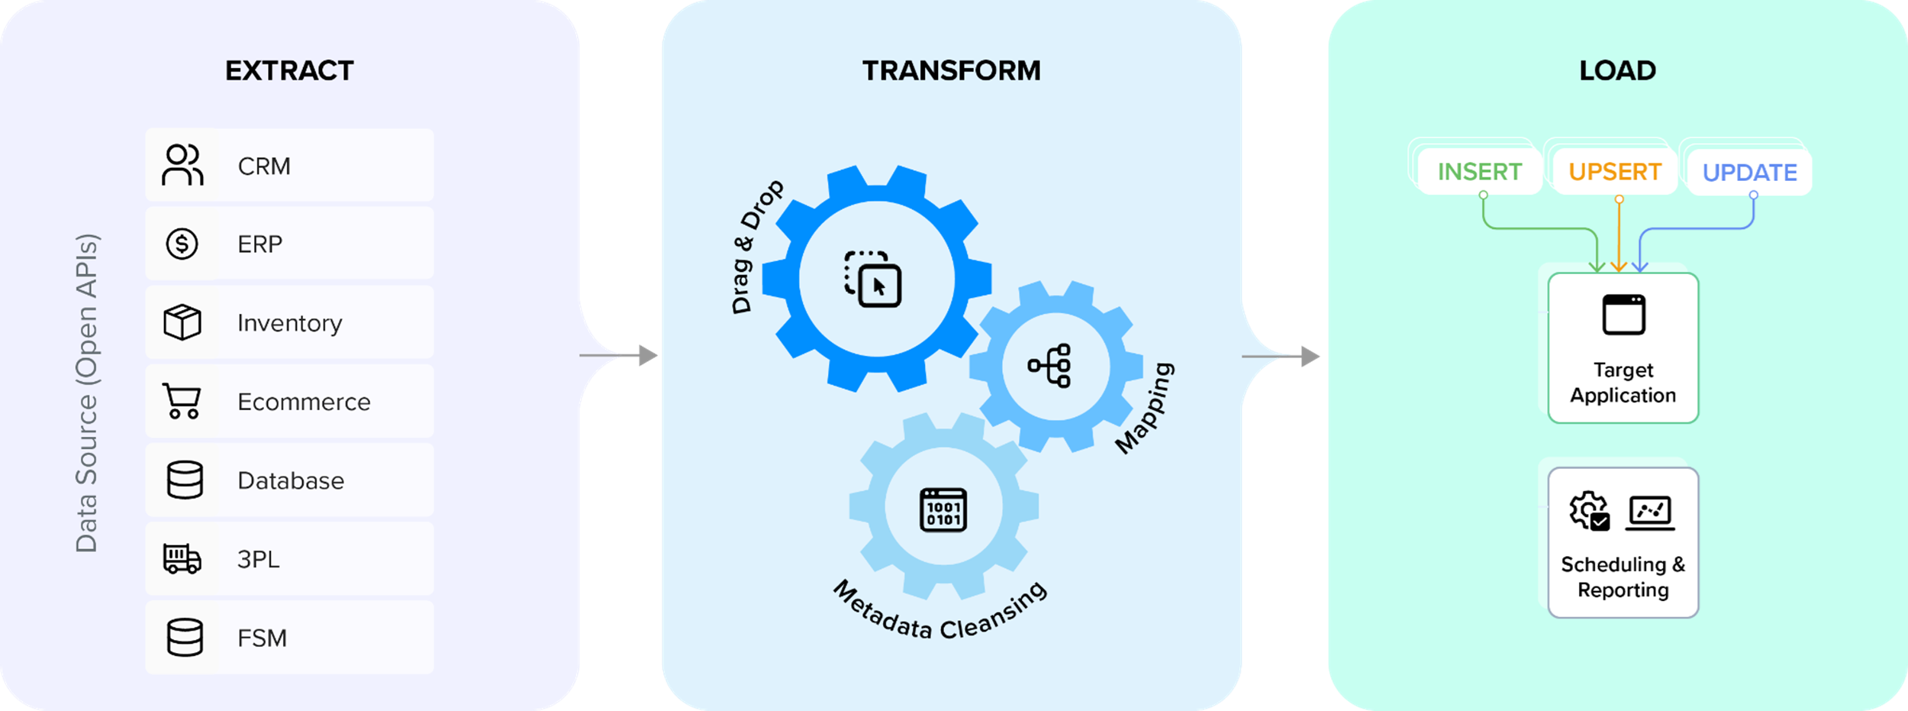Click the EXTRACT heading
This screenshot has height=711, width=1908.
pos(289,71)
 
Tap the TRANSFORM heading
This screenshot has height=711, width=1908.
pos(951,71)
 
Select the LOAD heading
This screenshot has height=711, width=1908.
pos(1617,71)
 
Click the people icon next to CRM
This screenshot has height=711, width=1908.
pos(182,165)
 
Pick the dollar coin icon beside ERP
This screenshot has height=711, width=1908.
pos(182,244)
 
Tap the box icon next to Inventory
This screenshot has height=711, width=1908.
pos(182,322)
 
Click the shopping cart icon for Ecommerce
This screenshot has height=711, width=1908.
pos(182,401)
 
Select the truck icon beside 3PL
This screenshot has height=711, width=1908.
pos(182,558)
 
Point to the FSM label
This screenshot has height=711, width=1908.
pos(262,638)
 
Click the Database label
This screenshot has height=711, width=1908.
pos(291,480)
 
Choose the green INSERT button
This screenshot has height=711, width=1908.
pos(1479,172)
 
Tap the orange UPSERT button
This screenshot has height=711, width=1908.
pos(1615,172)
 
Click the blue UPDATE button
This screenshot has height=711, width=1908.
pos(1749,173)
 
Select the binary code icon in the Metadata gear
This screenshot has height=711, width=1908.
pos(943,509)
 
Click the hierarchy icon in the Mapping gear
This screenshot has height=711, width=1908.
pos(1050,366)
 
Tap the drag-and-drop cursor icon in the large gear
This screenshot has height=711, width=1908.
pos(873,280)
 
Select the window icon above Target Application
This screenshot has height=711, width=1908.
pos(1624,315)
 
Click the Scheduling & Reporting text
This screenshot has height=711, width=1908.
pos(1623,577)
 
